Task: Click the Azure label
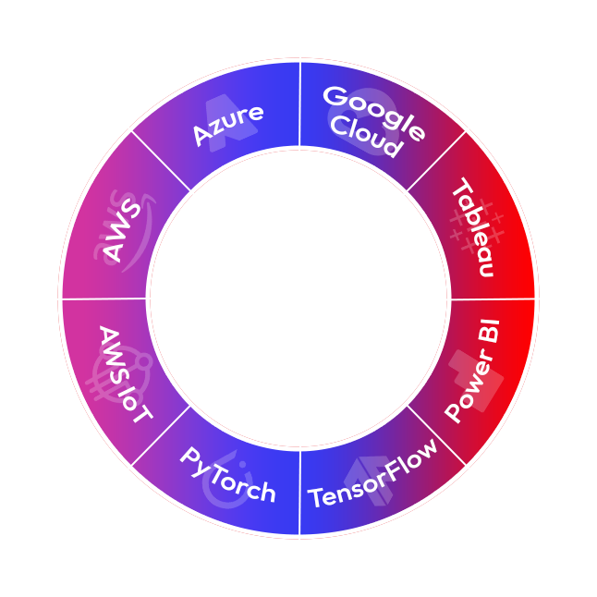click(228, 125)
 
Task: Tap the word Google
click(374, 113)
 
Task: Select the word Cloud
click(367, 137)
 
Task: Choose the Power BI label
click(472, 371)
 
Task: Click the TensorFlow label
click(372, 474)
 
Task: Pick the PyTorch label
click(227, 475)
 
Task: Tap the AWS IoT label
click(126, 375)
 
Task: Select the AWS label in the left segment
click(122, 231)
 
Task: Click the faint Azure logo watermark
click(229, 123)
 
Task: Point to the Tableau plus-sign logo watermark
click(477, 225)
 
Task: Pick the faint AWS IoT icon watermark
click(120, 374)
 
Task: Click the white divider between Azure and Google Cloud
click(299, 104)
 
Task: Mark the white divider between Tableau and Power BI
click(493, 298)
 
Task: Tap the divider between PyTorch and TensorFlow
click(299, 493)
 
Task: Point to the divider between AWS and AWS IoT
click(104, 298)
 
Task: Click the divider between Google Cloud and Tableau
click(436, 161)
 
